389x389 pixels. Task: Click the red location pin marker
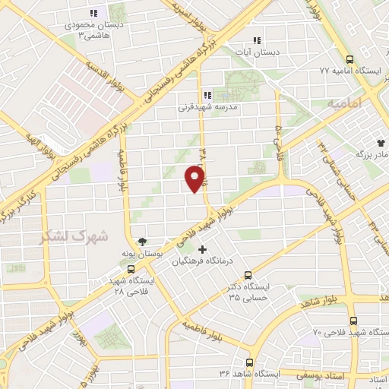pyautogui.click(x=195, y=179)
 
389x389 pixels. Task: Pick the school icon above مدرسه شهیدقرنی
pyautogui.click(x=207, y=96)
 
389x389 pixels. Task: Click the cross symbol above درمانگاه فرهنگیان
pyautogui.click(x=201, y=249)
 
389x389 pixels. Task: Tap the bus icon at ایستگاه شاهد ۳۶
pyautogui.click(x=247, y=363)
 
